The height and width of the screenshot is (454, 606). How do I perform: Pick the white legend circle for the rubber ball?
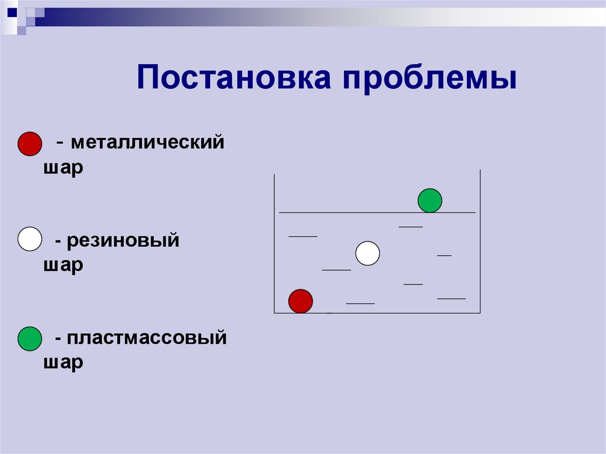pyautogui.click(x=30, y=239)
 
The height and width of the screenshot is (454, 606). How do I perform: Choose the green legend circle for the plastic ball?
pyautogui.click(x=30, y=338)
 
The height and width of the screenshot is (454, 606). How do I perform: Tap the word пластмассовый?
pyautogui.click(x=147, y=339)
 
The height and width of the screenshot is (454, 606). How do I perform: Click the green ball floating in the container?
pyautogui.click(x=430, y=201)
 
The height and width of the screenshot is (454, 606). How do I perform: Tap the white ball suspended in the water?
pyautogui.click(x=368, y=253)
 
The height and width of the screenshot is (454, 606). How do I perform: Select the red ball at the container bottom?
pyautogui.click(x=300, y=301)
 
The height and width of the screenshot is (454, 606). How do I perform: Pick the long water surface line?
pyautogui.click(x=355, y=212)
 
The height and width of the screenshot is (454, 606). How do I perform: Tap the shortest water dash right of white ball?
pyautogui.click(x=444, y=255)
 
